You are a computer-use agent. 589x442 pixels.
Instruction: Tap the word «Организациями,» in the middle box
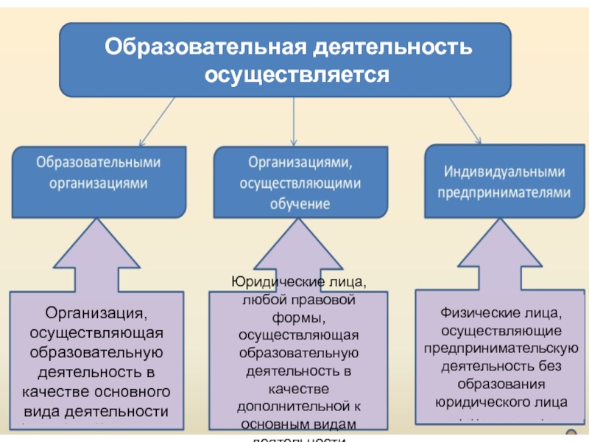tap(298, 161)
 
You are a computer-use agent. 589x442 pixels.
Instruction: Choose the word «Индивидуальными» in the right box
tap(504, 171)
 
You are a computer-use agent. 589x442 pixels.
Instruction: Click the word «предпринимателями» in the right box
tap(504, 192)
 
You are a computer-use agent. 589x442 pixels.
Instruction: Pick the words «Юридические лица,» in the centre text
tap(297, 284)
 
